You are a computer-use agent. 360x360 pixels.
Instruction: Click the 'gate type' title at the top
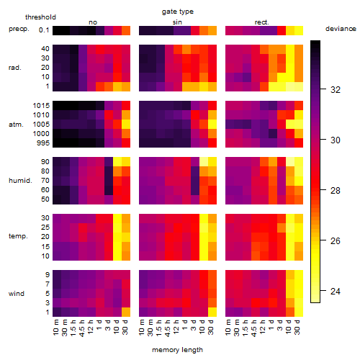click(178, 12)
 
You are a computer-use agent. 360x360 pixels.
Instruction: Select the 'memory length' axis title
click(177, 350)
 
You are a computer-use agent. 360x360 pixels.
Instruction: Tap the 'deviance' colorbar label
click(341, 29)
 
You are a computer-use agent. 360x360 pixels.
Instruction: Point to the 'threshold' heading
click(40, 17)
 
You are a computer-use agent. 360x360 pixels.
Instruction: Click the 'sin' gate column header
click(177, 22)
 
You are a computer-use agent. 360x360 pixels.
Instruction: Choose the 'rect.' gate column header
click(262, 22)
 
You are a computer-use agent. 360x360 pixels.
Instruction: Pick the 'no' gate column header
click(93, 22)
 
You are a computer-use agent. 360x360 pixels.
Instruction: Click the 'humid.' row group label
click(20, 181)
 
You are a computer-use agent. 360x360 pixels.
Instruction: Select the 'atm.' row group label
click(16, 125)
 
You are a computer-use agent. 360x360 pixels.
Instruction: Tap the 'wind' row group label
click(17, 294)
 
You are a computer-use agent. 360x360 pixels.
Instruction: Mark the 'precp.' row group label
click(19, 29)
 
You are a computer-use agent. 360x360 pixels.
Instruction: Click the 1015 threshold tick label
click(41, 106)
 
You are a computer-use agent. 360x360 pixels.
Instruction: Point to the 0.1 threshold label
click(44, 30)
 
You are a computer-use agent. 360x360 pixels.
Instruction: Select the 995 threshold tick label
click(43, 143)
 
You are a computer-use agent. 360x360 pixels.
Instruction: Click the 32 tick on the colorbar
click(336, 90)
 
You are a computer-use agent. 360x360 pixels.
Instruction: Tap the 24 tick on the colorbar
click(336, 292)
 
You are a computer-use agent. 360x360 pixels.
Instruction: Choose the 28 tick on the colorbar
click(336, 191)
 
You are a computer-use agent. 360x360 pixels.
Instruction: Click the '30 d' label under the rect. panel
click(297, 327)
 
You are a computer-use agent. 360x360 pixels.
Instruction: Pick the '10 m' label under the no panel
click(55, 327)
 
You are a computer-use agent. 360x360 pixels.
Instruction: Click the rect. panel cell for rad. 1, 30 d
click(299, 86)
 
